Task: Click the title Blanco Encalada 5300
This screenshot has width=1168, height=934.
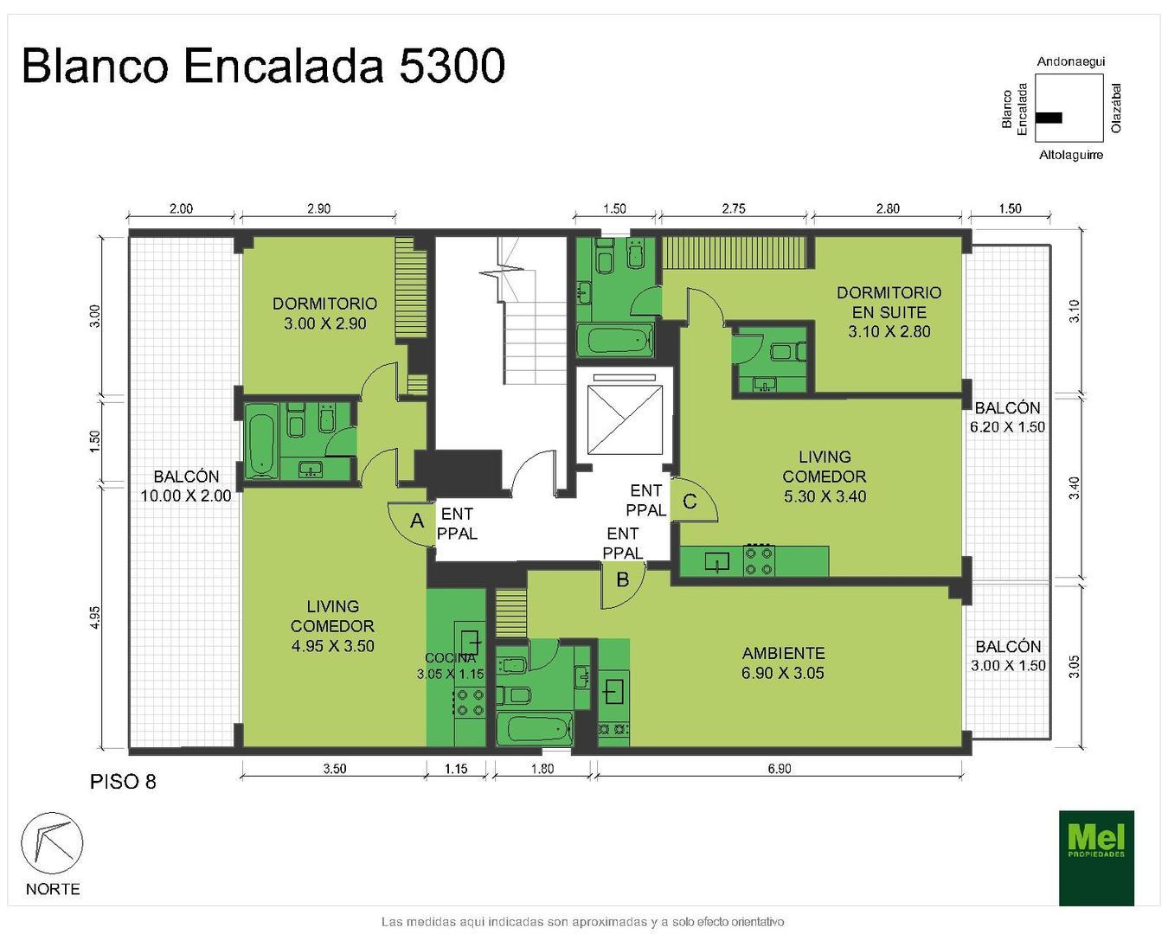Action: [x=263, y=66]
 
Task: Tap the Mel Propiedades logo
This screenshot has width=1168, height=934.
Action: [x=1096, y=857]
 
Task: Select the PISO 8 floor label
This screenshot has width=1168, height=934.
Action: [x=123, y=782]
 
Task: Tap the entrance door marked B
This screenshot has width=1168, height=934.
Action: [x=622, y=580]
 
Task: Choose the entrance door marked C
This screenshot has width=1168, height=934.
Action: [x=690, y=502]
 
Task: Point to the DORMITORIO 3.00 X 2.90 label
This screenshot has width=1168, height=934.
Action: [x=324, y=313]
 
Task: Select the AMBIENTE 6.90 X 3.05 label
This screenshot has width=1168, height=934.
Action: [x=783, y=662]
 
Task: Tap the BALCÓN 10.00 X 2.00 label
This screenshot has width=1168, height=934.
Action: [x=186, y=485]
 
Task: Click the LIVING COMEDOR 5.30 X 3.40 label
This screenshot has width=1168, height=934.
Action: [x=825, y=476]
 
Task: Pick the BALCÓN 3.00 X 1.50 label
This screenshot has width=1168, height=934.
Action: [x=1008, y=656]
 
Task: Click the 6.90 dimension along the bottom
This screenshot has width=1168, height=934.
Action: [x=779, y=768]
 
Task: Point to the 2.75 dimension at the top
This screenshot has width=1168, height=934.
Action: [x=733, y=208]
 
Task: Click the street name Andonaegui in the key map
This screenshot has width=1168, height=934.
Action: [x=1070, y=61]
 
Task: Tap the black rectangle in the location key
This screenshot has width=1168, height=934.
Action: [x=1049, y=118]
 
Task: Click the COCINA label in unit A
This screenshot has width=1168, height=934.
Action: [x=450, y=658]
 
